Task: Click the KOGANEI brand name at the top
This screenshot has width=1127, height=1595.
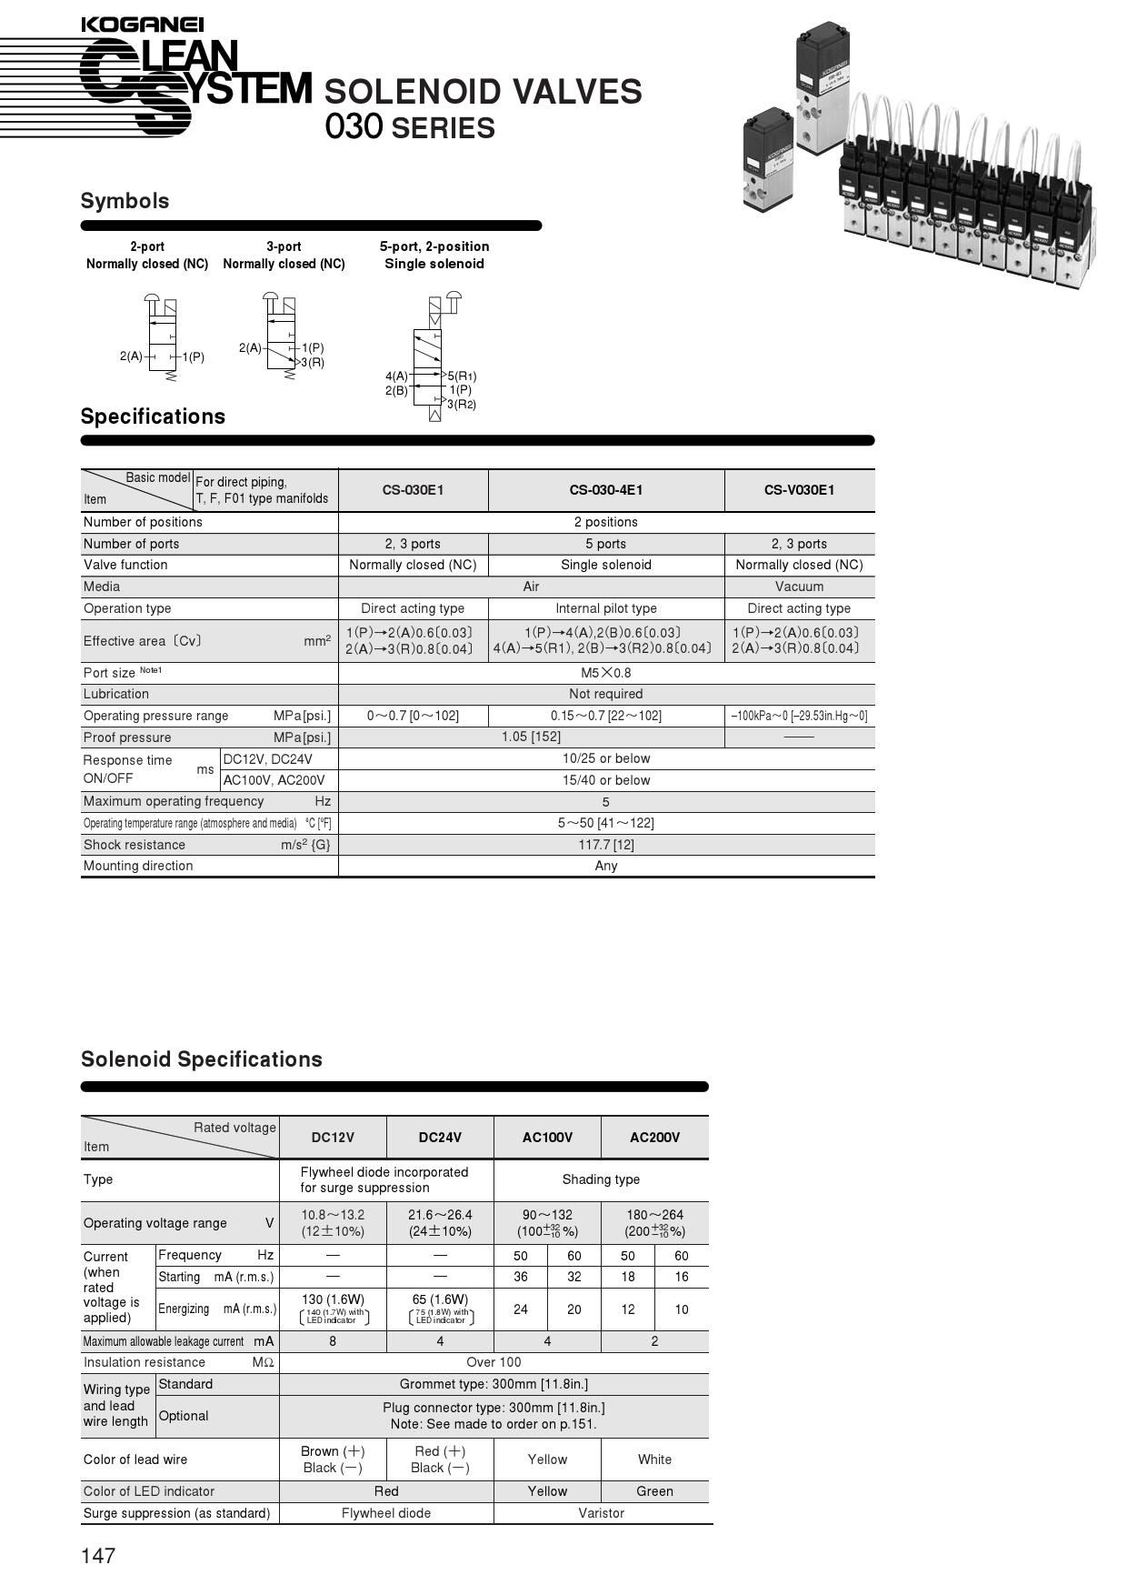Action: (143, 25)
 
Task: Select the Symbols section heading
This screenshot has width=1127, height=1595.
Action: (125, 201)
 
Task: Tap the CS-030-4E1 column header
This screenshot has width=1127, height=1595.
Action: (605, 490)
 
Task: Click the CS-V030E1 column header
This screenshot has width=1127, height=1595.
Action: (799, 490)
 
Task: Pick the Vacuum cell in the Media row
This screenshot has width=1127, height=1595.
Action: (799, 587)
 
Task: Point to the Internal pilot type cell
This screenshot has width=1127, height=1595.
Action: (605, 608)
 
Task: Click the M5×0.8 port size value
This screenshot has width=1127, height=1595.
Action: (605, 673)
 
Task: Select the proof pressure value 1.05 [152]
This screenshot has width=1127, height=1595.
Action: (531, 737)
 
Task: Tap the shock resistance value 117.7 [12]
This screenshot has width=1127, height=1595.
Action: (605, 845)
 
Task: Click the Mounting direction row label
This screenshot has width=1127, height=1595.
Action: (138, 866)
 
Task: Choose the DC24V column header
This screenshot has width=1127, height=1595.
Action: (440, 1138)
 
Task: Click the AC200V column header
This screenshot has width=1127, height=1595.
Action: (654, 1138)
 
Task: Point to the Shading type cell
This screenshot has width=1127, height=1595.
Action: (601, 1179)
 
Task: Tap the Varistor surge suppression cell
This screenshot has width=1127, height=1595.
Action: (601, 1513)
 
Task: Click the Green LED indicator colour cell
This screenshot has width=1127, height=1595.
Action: (654, 1491)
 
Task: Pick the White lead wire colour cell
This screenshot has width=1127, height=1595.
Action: (654, 1460)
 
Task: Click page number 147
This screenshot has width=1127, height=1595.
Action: (98, 1556)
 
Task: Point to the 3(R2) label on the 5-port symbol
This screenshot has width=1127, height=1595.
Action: (462, 405)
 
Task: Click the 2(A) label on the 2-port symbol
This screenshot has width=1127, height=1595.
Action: (131, 356)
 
